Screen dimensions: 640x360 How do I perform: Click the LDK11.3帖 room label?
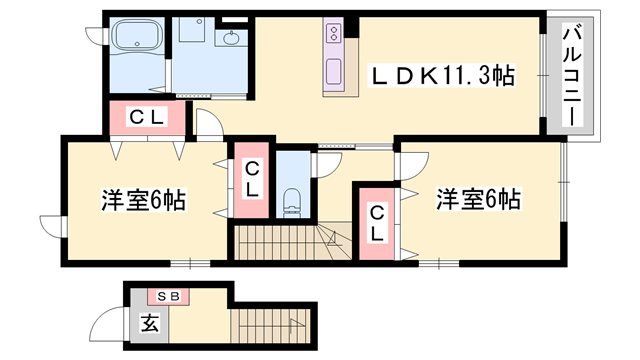(x=442, y=76)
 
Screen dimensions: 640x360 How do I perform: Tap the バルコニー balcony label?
(x=572, y=75)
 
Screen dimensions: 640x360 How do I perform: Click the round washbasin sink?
(x=232, y=38)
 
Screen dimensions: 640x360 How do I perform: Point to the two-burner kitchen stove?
(x=334, y=32)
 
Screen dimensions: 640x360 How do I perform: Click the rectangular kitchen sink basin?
(x=334, y=71)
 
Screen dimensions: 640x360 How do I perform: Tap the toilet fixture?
(x=292, y=202)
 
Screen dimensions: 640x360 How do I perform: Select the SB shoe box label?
(x=169, y=297)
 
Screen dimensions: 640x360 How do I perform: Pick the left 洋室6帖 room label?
(x=144, y=200)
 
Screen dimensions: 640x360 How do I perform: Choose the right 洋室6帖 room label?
(x=478, y=199)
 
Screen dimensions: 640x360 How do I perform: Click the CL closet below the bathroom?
(x=147, y=118)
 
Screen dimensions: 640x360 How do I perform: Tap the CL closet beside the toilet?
(x=251, y=180)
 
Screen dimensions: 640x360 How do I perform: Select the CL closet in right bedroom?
(x=376, y=223)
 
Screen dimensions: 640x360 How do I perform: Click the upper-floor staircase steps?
(x=292, y=242)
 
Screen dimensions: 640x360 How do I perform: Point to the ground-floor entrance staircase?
(x=271, y=326)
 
